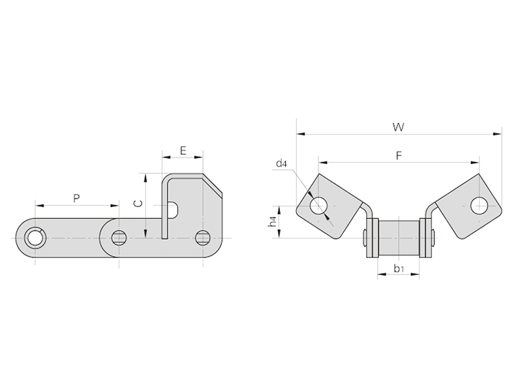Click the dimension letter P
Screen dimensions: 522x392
[76, 199]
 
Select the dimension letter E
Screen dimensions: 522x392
[183, 151]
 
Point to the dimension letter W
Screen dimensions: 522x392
[399, 127]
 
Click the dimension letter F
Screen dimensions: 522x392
[399, 155]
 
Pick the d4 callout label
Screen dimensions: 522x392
[281, 163]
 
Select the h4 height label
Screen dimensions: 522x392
[272, 222]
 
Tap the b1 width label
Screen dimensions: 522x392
[399, 269]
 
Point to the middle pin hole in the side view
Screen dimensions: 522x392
[118, 238]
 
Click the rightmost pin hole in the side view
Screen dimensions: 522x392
[202, 238]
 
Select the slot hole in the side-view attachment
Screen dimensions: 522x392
[174, 210]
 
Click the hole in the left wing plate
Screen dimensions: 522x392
[319, 206]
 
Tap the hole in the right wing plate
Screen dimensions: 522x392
[479, 206]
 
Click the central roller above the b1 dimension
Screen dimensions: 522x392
[399, 238]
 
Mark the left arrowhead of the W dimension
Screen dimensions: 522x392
[300, 134]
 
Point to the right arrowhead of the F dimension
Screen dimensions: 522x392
[476, 163]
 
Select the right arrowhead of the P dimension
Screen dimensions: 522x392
[114, 206]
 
